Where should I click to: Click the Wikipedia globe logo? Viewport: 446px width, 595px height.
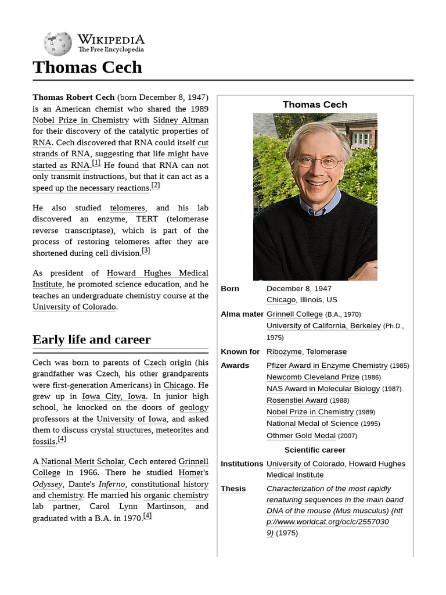57,44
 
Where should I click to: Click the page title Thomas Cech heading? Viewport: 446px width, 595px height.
87,67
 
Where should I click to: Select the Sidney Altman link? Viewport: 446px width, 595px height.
181,120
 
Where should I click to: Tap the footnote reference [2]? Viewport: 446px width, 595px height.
155,185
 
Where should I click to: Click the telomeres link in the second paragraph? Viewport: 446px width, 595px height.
128,208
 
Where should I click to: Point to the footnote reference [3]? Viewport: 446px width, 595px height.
146,250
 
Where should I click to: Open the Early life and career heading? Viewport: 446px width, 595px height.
91,340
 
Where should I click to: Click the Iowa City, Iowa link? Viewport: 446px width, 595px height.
114,396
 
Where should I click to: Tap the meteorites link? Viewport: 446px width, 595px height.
175,430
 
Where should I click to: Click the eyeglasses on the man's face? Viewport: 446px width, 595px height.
318,162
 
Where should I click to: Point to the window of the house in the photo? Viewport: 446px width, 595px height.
361,139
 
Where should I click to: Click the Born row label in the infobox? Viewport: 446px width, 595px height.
230,289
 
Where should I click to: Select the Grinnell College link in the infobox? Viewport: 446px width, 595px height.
294,314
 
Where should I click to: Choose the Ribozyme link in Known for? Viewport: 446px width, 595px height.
283,352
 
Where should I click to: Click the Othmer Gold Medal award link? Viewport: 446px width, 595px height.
301,436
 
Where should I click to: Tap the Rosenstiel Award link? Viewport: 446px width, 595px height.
297,400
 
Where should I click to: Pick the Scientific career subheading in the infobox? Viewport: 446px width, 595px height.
315,450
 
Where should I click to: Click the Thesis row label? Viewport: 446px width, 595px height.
233,489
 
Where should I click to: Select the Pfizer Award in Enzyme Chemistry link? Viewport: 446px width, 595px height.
327,365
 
